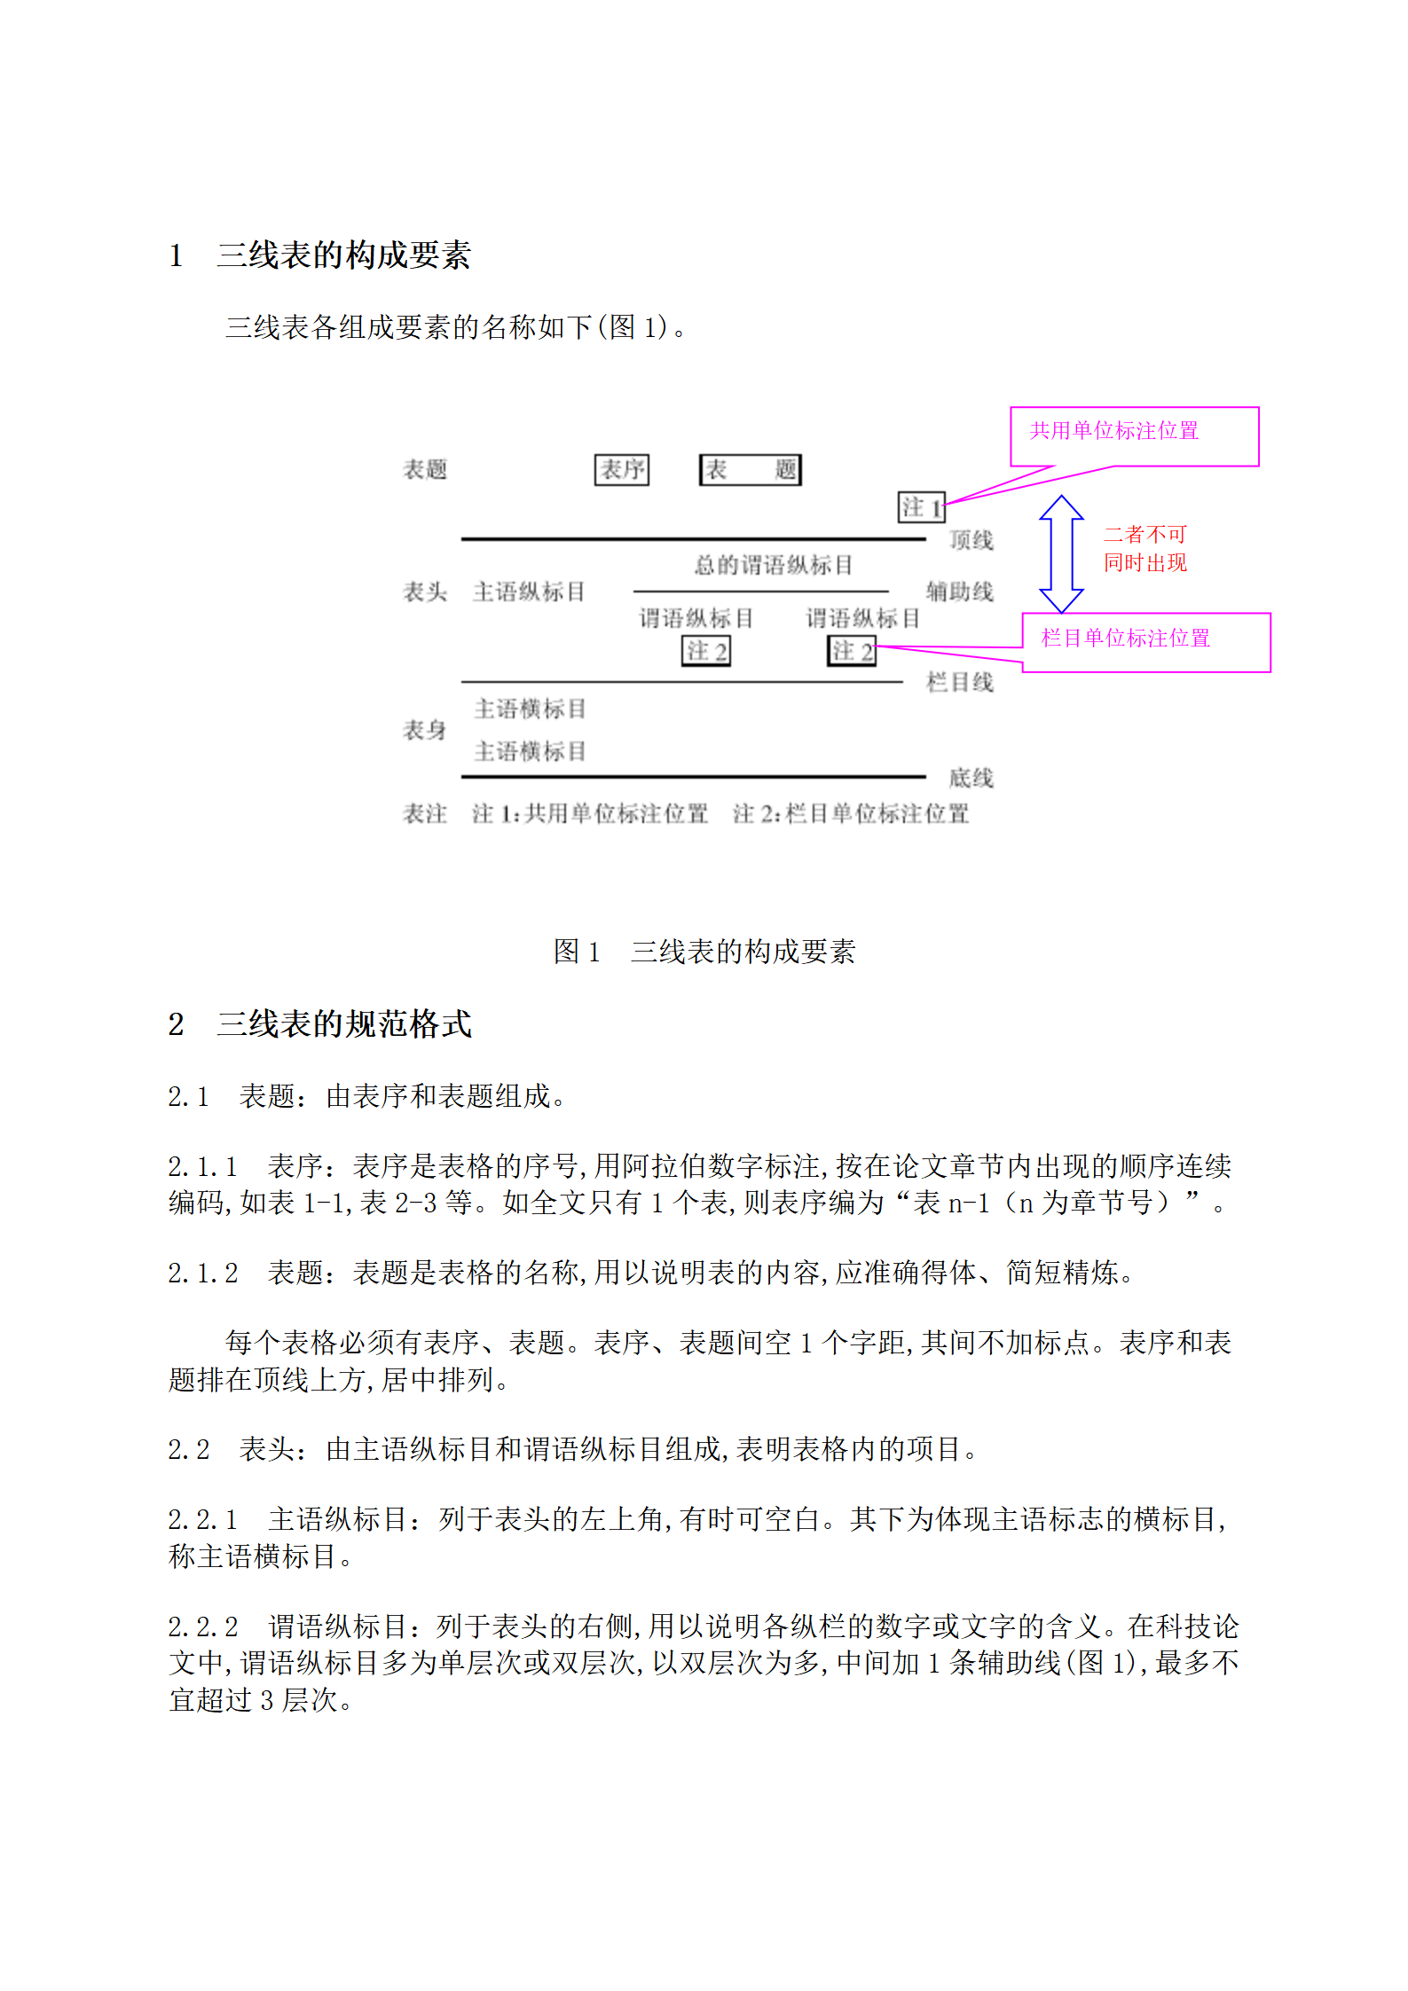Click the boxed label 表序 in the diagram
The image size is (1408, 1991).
pos(621,469)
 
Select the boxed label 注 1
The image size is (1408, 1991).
pos(921,507)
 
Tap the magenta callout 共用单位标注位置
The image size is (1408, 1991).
pos(1133,435)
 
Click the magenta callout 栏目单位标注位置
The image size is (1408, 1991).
pos(1145,642)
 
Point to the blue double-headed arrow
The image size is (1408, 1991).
pos(1061,554)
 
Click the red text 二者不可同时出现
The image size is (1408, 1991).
pos(1144,548)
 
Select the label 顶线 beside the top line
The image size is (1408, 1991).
pos(971,540)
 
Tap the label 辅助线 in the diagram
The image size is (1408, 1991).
pos(959,592)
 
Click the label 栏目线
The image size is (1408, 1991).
pos(959,682)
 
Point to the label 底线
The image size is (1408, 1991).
pos(971,778)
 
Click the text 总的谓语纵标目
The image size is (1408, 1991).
pos(773,565)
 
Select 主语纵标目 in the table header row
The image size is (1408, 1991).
pos(529,592)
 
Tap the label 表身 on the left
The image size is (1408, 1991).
pos(425,730)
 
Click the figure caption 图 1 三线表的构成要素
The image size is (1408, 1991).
pos(704,952)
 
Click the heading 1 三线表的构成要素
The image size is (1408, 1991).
pos(319,255)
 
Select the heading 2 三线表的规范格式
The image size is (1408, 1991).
pos(319,1024)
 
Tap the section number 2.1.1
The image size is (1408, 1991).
pos(202,1166)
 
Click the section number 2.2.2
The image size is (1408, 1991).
pos(202,1627)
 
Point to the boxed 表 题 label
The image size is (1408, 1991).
pos(750,469)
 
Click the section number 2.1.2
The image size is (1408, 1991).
pos(202,1273)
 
